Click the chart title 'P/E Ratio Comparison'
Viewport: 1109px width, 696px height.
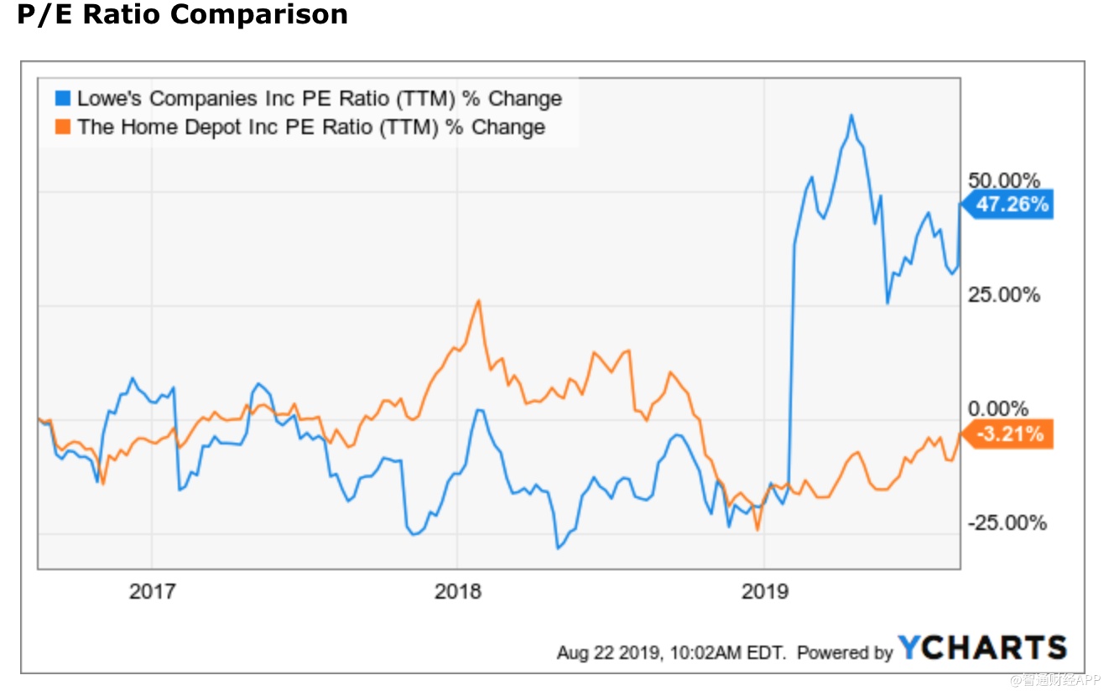coord(182,14)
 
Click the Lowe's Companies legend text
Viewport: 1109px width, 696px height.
coord(319,98)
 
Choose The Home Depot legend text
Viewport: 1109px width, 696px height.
coord(310,127)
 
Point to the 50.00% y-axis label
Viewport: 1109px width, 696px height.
coord(1004,181)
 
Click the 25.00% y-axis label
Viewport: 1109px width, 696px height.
coord(1004,295)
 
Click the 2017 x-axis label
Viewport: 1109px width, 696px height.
coord(152,592)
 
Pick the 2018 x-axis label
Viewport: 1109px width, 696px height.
coord(458,592)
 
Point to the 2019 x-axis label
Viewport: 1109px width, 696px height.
coord(765,592)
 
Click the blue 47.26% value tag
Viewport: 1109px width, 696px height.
coord(1012,204)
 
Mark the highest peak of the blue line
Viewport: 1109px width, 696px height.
coord(851,115)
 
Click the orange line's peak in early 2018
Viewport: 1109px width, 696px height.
coord(478,300)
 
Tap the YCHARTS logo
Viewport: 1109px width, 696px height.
coord(982,648)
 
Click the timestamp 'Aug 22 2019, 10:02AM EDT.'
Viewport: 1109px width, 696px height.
coord(671,652)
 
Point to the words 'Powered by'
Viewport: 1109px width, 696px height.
coord(845,652)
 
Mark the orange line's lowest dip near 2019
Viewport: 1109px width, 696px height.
coord(758,530)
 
